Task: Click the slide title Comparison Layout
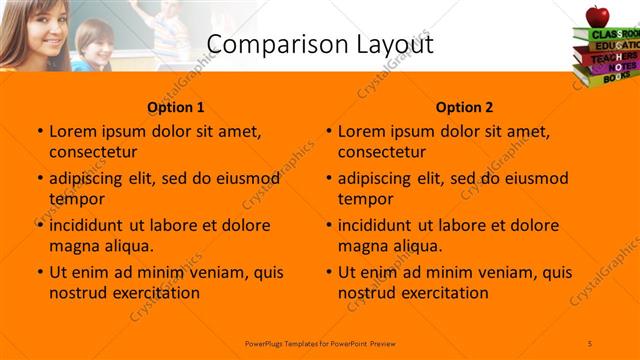point(319,44)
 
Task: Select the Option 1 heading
point(175,107)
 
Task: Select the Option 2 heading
point(464,107)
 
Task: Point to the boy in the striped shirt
point(94,45)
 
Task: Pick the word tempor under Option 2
point(364,199)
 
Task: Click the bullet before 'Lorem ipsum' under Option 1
point(39,131)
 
